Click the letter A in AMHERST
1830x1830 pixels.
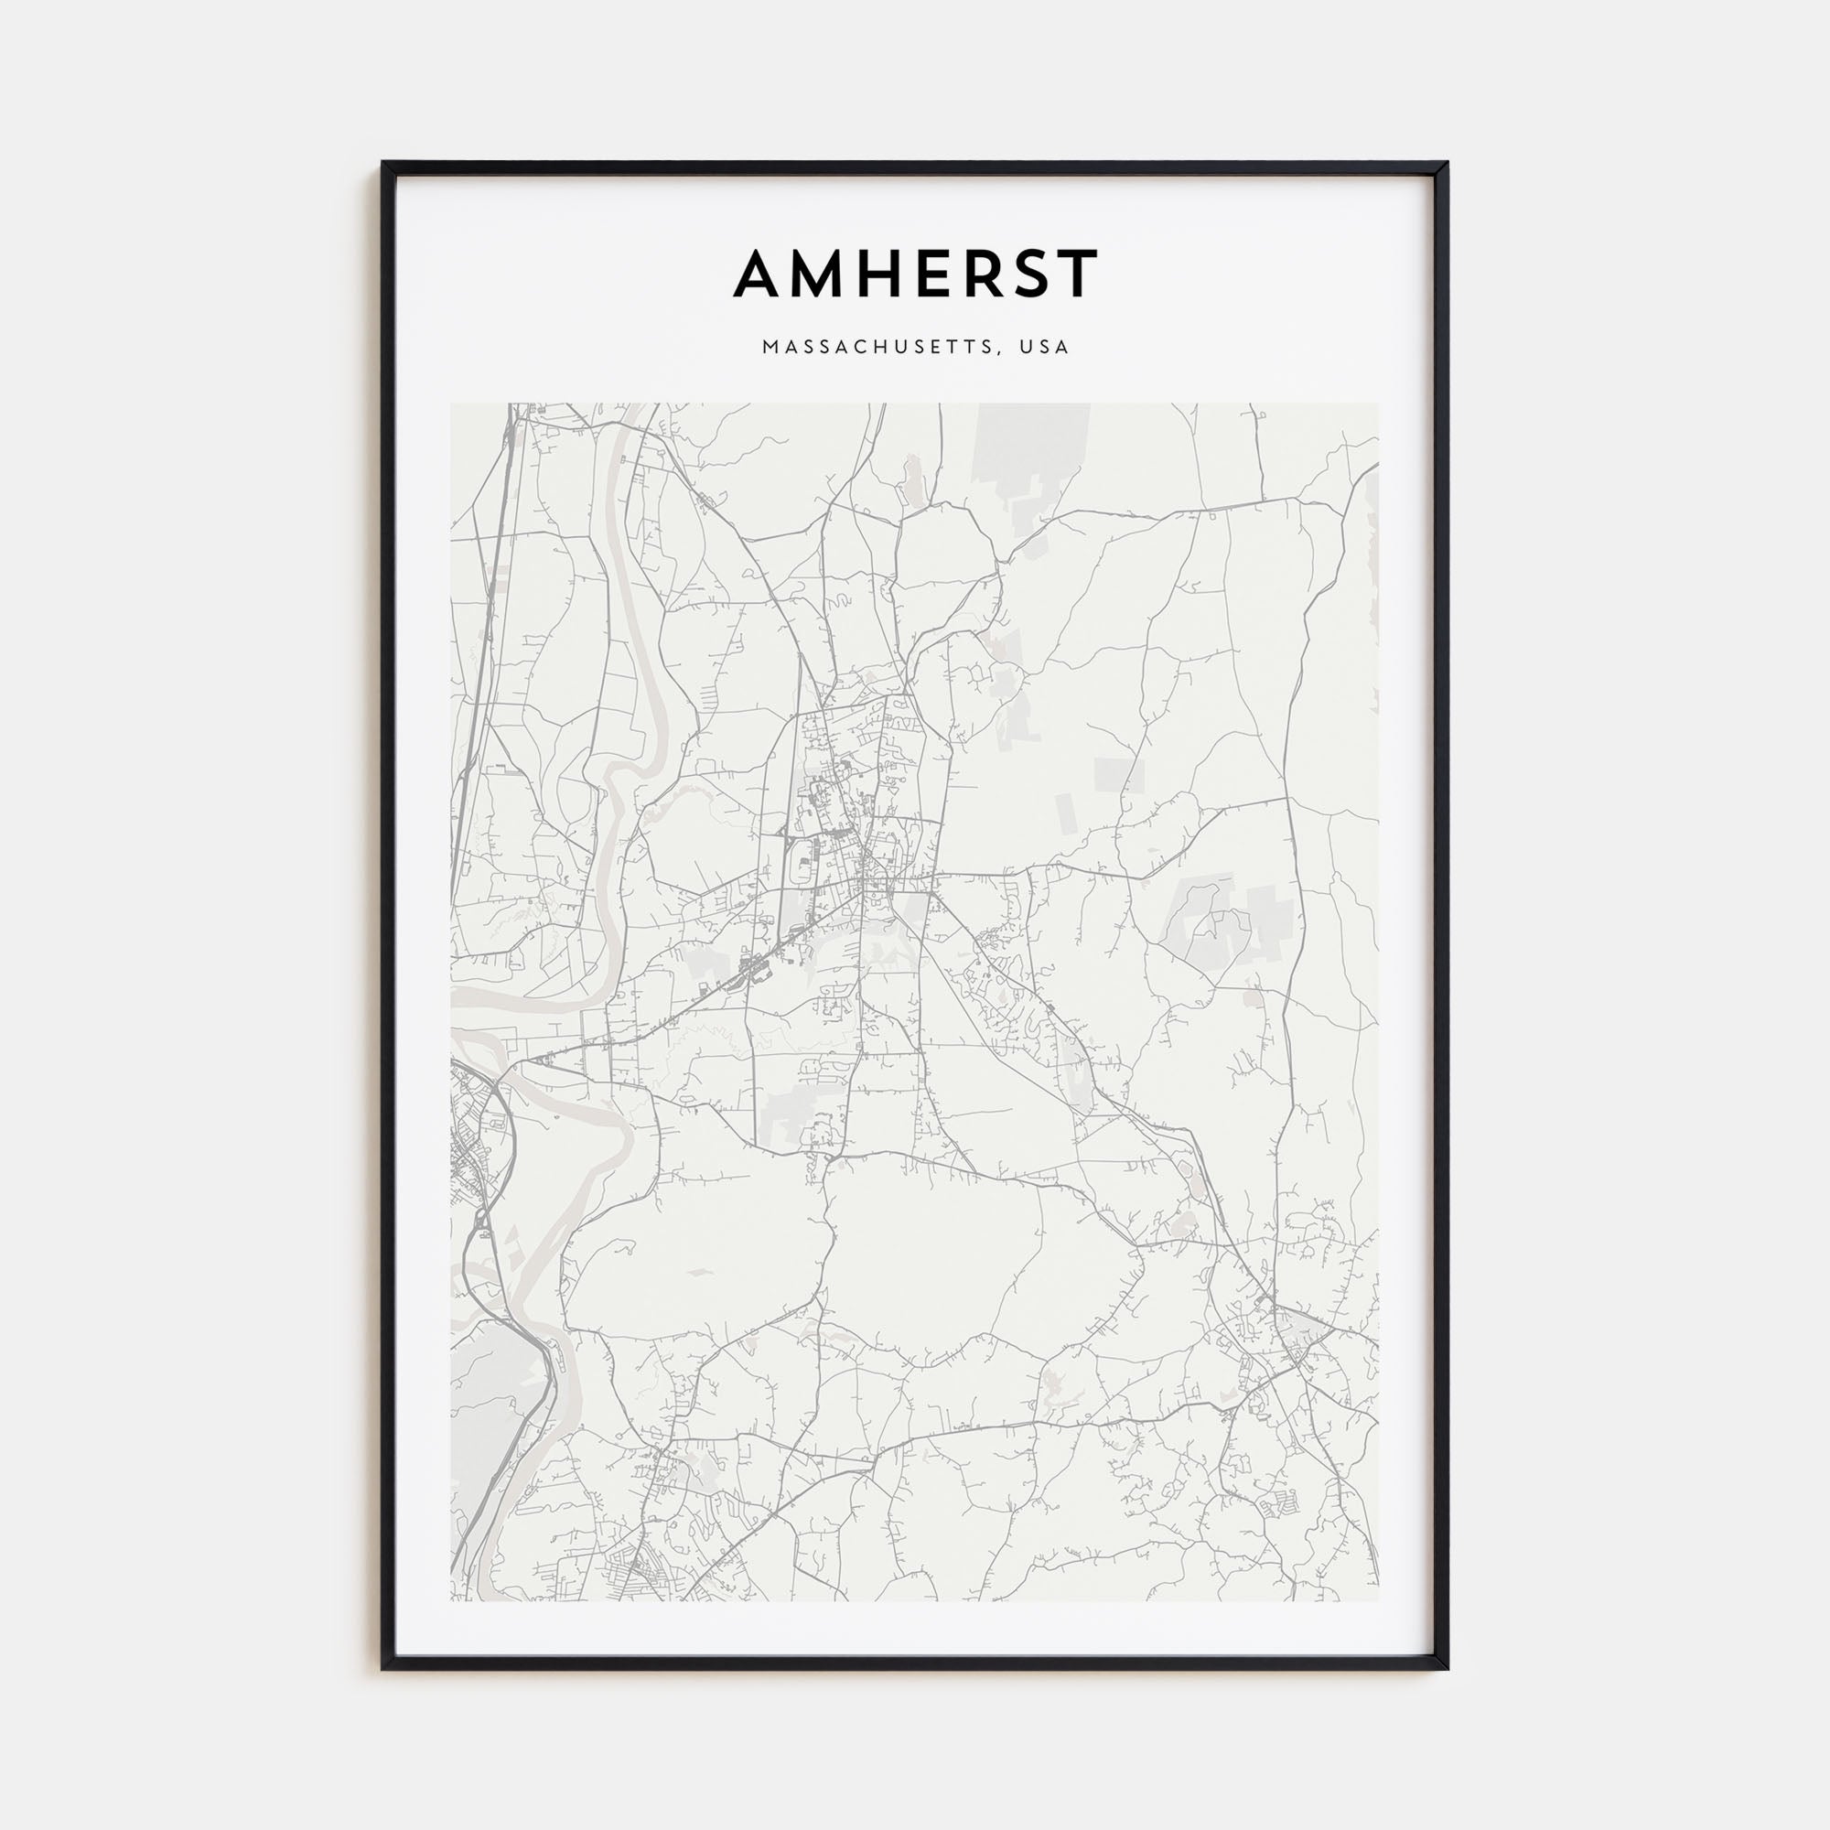coord(761,274)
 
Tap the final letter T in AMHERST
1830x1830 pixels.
coord(1081,274)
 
